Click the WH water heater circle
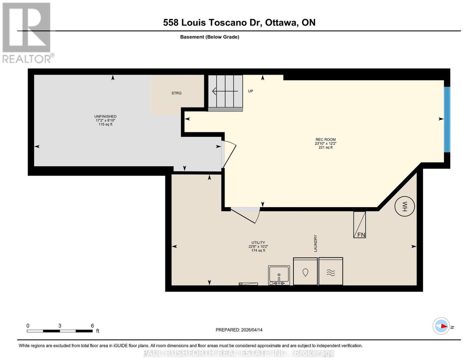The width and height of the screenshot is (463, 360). point(405,206)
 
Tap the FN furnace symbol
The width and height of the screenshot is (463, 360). point(359,225)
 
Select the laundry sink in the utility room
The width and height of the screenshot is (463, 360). point(279,275)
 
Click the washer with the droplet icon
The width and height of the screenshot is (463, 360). point(305,271)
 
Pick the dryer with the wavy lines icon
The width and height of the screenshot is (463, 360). point(331,271)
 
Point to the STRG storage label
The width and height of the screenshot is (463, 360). point(177,93)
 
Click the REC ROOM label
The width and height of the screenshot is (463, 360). point(326,140)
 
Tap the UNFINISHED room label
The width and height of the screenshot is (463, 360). point(105,116)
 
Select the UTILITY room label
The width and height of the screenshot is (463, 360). point(258,242)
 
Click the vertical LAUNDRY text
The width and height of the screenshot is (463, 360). point(315,243)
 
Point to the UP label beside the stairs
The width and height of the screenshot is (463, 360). point(251,91)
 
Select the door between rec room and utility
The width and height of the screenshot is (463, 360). point(245,215)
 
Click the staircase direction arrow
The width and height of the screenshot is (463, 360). point(225,91)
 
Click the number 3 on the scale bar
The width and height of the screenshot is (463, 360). point(60,326)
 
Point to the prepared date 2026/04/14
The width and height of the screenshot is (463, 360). point(252,330)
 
